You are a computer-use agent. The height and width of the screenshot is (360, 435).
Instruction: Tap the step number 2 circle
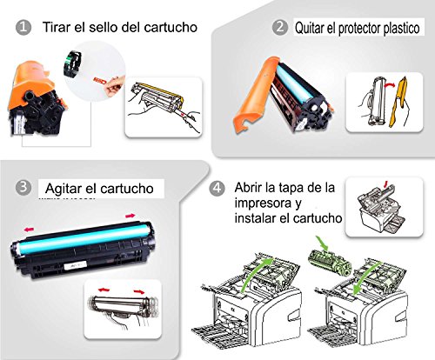coord(279,27)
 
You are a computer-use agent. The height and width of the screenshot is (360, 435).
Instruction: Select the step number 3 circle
coord(24,187)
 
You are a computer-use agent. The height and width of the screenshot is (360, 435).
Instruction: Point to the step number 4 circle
coord(218,186)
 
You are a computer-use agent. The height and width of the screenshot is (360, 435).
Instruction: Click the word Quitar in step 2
coord(313,27)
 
